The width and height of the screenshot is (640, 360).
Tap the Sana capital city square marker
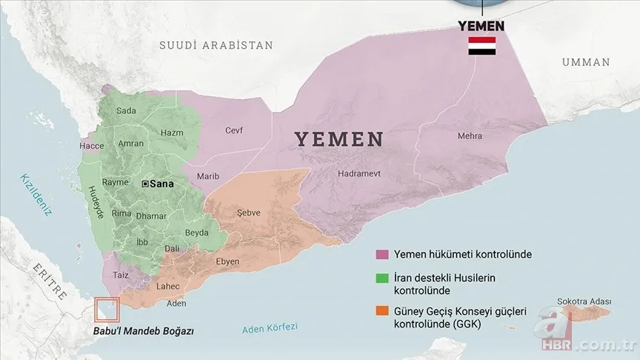click(145, 183)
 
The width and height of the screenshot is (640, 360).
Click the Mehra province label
click(470, 136)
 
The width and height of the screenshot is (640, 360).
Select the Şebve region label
click(248, 213)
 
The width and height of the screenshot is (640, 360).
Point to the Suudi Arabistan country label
click(216, 45)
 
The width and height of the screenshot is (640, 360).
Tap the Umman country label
click(585, 61)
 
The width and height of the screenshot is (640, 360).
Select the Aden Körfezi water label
click(270, 328)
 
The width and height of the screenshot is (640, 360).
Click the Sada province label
click(127, 111)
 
